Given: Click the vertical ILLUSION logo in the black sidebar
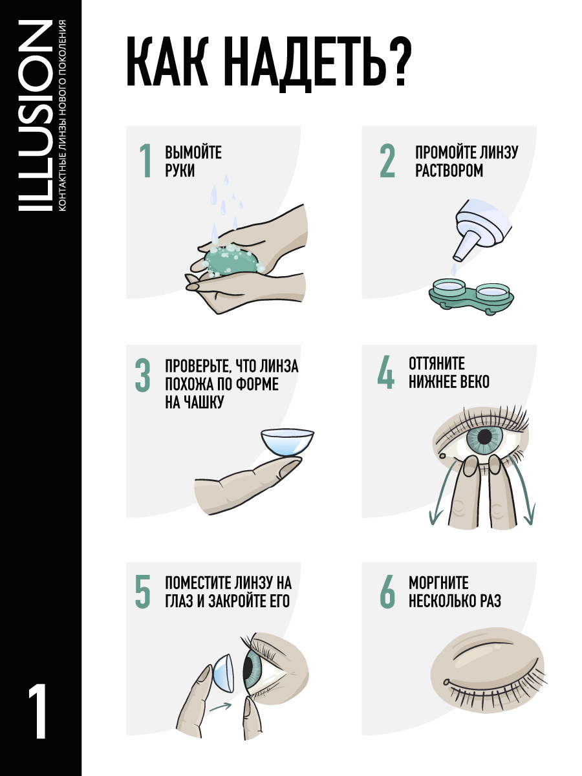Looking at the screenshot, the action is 35,116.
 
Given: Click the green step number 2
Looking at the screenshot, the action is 387,161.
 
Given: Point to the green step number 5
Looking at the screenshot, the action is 143,592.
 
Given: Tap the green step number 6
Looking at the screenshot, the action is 387,592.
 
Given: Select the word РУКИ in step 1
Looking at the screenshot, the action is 180,171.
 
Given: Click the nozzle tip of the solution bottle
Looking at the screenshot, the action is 457,258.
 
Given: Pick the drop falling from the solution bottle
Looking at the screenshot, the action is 453,270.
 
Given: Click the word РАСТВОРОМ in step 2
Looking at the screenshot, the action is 449,171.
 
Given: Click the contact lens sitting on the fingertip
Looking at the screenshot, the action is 287,442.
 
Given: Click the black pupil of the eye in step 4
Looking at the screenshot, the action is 484,435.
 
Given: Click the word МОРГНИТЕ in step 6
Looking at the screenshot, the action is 439,583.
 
